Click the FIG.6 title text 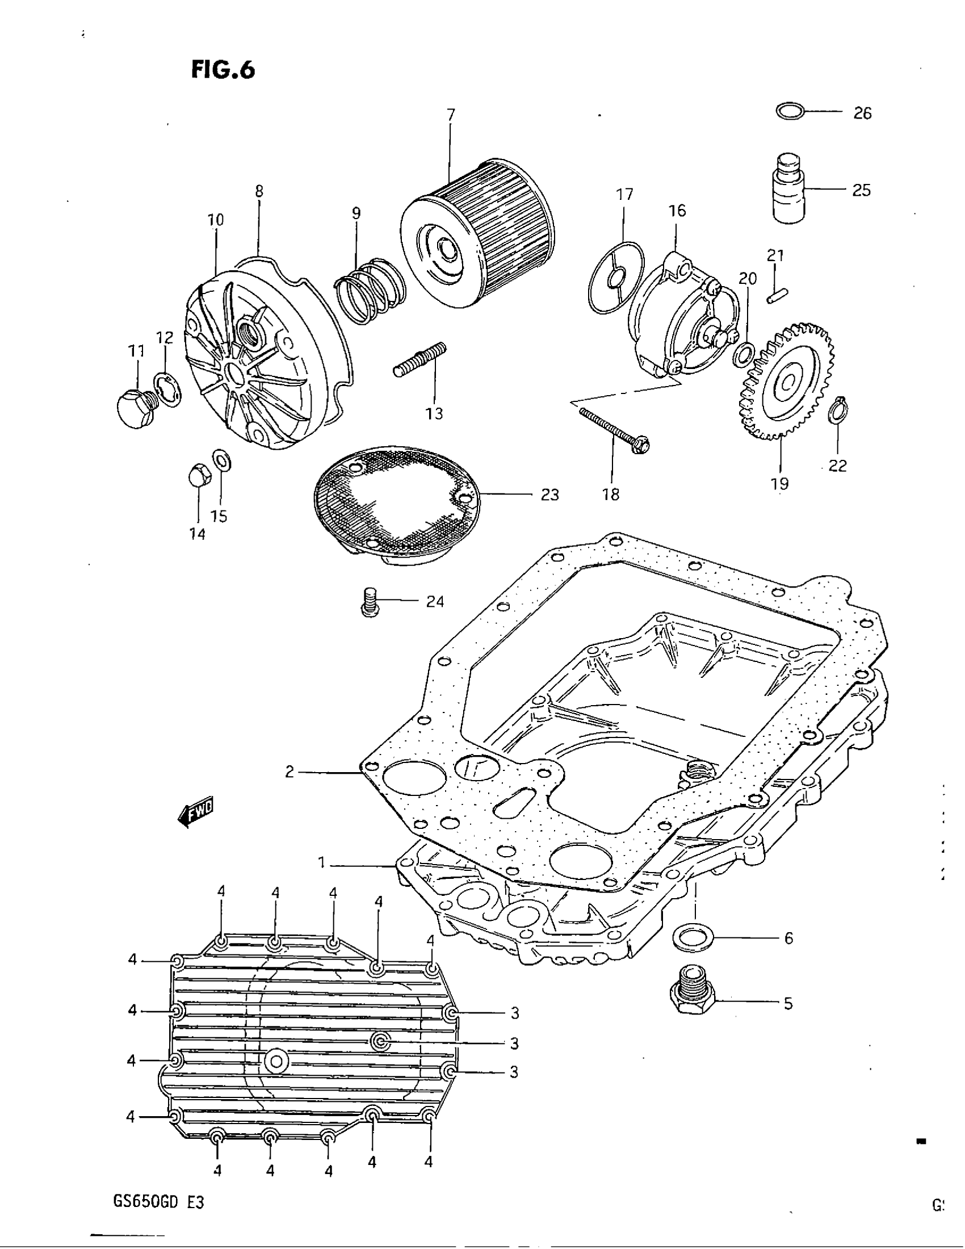223,70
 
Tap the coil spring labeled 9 370,291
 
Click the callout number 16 677,211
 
